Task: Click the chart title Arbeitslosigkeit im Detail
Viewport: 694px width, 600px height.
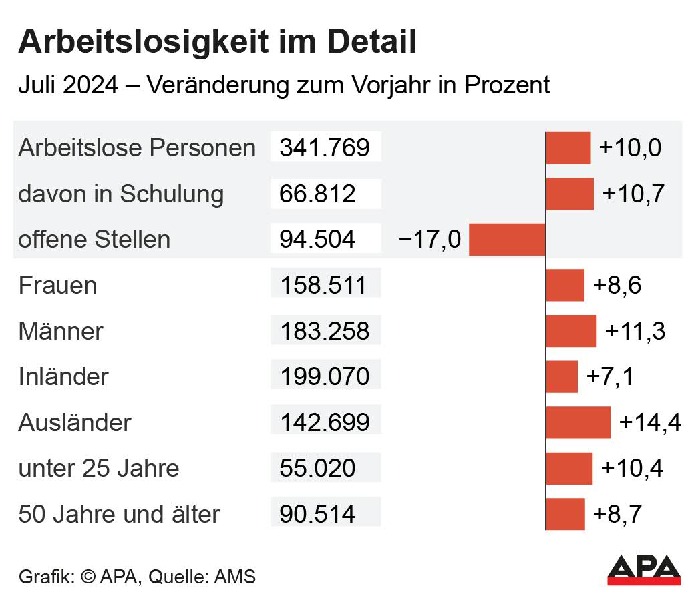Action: click(x=217, y=42)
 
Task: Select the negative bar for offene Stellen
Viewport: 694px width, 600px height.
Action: click(x=507, y=240)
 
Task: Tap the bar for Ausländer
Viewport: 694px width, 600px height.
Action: click(x=578, y=423)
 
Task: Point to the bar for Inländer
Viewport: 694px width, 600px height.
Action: click(x=562, y=377)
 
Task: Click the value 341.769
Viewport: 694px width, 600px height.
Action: click(x=325, y=147)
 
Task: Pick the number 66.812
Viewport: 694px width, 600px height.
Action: click(x=317, y=194)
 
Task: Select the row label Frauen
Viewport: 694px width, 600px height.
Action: click(x=57, y=286)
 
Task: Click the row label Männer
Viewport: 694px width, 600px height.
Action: click(x=61, y=331)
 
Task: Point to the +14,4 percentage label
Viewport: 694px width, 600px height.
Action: click(x=650, y=423)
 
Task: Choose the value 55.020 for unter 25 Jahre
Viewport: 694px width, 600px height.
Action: click(x=317, y=468)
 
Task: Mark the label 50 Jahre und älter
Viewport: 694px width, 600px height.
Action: click(x=119, y=515)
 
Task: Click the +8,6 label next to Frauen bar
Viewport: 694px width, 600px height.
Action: click(x=617, y=286)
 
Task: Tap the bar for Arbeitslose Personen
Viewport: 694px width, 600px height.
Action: click(x=568, y=148)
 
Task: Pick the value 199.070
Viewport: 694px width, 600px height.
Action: click(x=325, y=377)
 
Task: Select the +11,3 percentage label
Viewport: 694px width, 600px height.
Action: click(x=635, y=331)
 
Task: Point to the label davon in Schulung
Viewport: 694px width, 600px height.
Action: click(x=121, y=194)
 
